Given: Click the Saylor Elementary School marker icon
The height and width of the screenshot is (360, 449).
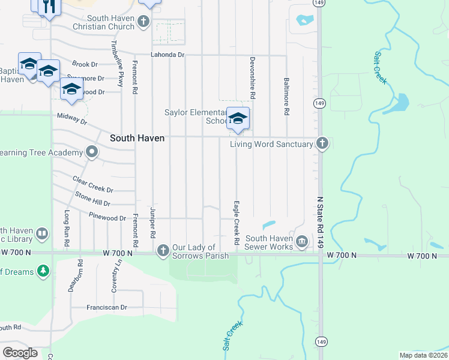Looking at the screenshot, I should (238, 118).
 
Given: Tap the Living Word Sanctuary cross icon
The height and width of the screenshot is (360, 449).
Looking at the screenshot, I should (322, 143).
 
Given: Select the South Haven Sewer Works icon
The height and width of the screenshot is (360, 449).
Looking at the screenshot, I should (302, 242).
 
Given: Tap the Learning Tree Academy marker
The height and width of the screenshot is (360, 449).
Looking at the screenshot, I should (91, 152).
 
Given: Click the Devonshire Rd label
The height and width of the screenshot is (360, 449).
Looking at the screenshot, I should (253, 79).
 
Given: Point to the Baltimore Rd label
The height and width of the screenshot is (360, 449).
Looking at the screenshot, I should (287, 96).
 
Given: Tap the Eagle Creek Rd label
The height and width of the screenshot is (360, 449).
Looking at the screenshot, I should (237, 222).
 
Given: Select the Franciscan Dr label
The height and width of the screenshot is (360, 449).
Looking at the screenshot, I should (107, 307).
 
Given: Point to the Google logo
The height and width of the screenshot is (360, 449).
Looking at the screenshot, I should (20, 353).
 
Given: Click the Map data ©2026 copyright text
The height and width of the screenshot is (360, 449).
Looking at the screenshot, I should (423, 355).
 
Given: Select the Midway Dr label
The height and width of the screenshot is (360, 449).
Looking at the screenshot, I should (72, 118).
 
